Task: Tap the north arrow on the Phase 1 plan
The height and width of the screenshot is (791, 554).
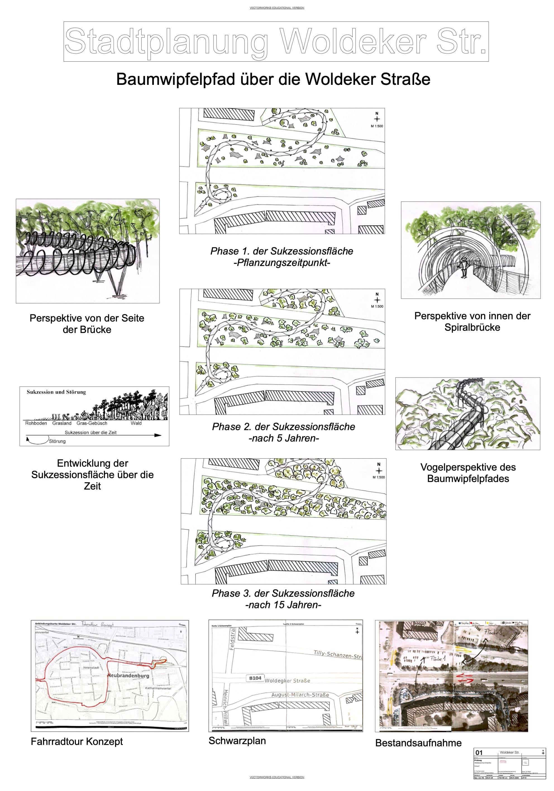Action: pyautogui.click(x=376, y=118)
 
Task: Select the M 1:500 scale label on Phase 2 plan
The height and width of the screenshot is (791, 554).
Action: pyautogui.click(x=377, y=306)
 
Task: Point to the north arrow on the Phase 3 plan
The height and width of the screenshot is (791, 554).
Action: pyautogui.click(x=379, y=470)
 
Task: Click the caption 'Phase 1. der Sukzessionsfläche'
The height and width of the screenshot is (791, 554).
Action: pyautogui.click(x=282, y=251)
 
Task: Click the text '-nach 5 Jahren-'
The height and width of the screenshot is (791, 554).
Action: pyautogui.click(x=283, y=438)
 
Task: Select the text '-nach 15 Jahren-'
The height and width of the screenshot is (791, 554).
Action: pyautogui.click(x=283, y=605)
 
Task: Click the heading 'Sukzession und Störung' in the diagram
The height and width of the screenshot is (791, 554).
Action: pyautogui.click(x=56, y=392)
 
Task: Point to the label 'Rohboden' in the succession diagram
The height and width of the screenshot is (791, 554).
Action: pyautogui.click(x=36, y=423)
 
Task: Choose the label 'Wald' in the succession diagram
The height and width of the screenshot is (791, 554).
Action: pyautogui.click(x=136, y=423)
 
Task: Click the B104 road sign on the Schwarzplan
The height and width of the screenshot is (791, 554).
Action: pyautogui.click(x=255, y=678)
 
